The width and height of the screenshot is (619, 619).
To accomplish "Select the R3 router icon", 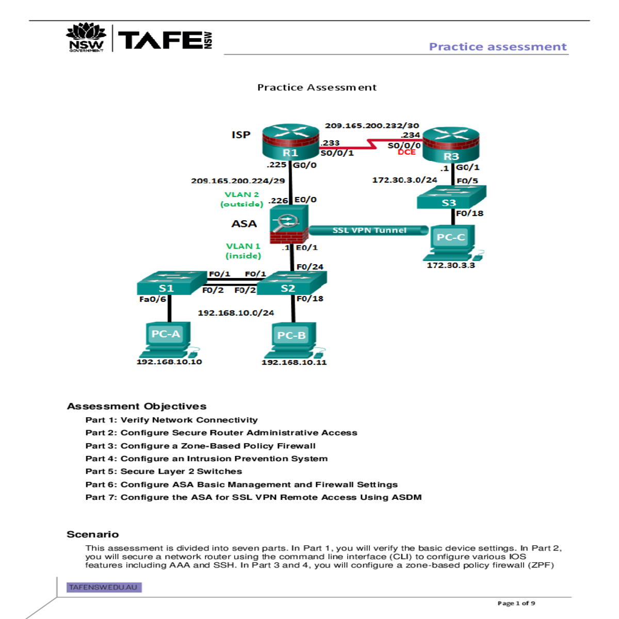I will click(451, 145).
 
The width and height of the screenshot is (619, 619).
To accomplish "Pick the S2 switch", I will click(291, 284).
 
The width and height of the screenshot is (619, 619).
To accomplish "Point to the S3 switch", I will click(451, 198).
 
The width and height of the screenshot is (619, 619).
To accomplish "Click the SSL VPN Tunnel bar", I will click(369, 230).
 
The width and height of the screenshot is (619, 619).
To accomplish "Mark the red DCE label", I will click(406, 152).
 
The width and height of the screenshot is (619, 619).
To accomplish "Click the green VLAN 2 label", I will click(241, 194).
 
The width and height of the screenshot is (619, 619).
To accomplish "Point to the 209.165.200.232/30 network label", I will click(371, 125).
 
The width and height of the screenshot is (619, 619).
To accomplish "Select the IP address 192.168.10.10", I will click(169, 362).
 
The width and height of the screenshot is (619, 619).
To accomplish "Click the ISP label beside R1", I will click(241, 135).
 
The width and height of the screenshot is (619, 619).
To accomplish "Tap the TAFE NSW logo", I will click(139, 39).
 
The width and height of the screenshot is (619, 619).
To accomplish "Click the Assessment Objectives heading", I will click(136, 406).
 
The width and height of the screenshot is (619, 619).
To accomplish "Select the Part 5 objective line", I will click(164, 471).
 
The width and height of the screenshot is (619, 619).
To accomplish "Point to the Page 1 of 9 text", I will click(516, 603).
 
